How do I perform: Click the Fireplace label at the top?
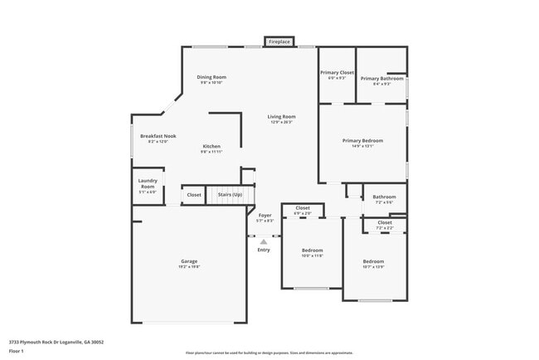(x=279, y=41)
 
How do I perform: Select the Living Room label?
(x=281, y=117)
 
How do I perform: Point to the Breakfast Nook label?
(x=158, y=136)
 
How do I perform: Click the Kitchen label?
(x=211, y=147)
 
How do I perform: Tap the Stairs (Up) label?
(x=230, y=195)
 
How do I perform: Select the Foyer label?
(x=265, y=216)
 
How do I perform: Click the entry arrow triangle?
(x=264, y=241)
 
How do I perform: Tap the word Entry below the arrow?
(x=264, y=250)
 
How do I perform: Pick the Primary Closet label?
(x=337, y=73)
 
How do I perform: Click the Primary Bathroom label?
(x=381, y=78)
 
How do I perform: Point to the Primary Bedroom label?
(x=362, y=141)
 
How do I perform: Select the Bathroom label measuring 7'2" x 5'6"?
(x=384, y=197)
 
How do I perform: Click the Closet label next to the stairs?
(x=193, y=195)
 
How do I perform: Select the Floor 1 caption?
(x=17, y=350)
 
